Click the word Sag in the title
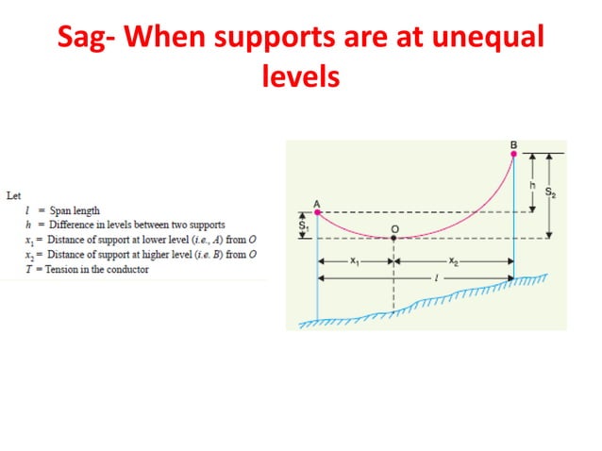83,41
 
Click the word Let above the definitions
12,196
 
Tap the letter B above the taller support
513,143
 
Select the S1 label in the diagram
304,226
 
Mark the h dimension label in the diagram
532,186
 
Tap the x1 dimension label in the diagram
355,261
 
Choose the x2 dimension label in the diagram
454,261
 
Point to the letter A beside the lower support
316,203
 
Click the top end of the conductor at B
514,154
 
